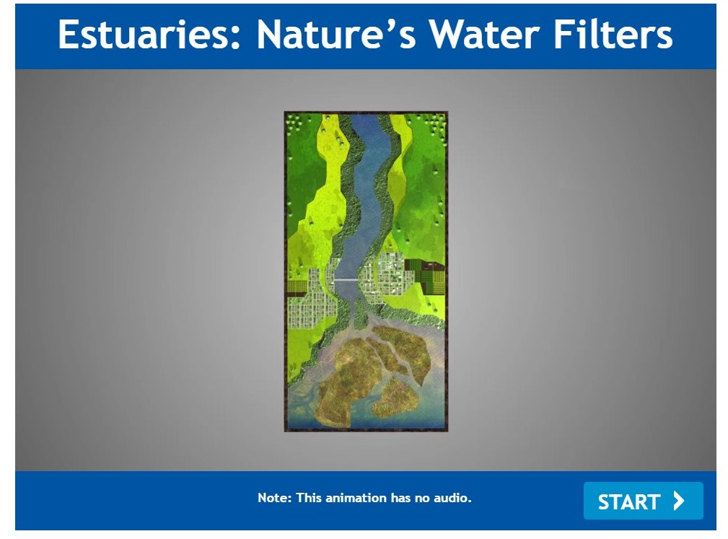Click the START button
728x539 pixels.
(x=643, y=501)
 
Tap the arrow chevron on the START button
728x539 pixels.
(x=679, y=501)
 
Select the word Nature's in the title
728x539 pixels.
(x=336, y=35)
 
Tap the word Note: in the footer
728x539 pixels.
(x=275, y=498)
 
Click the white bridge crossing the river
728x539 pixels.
(x=345, y=279)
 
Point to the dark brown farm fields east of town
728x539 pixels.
(x=425, y=276)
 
